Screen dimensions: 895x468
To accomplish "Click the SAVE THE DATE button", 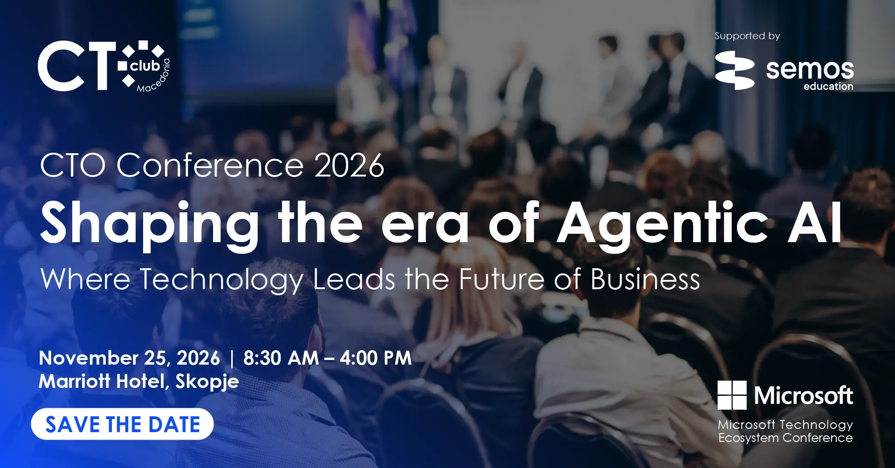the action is coord(122,424).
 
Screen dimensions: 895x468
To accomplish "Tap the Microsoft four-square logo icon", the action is coord(732,395).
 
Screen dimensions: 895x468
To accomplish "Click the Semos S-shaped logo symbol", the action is coord(735,70).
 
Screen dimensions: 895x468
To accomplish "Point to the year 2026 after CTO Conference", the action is coord(349,165).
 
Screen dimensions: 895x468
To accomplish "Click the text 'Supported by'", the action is coord(747,36).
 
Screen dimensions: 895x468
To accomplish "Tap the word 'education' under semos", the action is coord(828,86).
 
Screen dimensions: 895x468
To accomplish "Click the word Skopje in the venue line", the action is coord(207,382).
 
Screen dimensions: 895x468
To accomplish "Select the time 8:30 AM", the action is coord(281,358).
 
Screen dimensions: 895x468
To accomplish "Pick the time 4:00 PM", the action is coord(376,358).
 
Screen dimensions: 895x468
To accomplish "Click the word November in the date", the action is coord(89,358).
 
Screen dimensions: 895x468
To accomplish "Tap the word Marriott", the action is coord(75,381).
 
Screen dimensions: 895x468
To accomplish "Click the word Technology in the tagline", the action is coord(221,280).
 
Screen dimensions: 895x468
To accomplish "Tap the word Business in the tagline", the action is coord(645,279).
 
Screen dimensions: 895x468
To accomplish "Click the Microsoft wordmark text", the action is coord(804,396).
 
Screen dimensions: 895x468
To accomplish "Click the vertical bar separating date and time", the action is coord(232,359).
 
